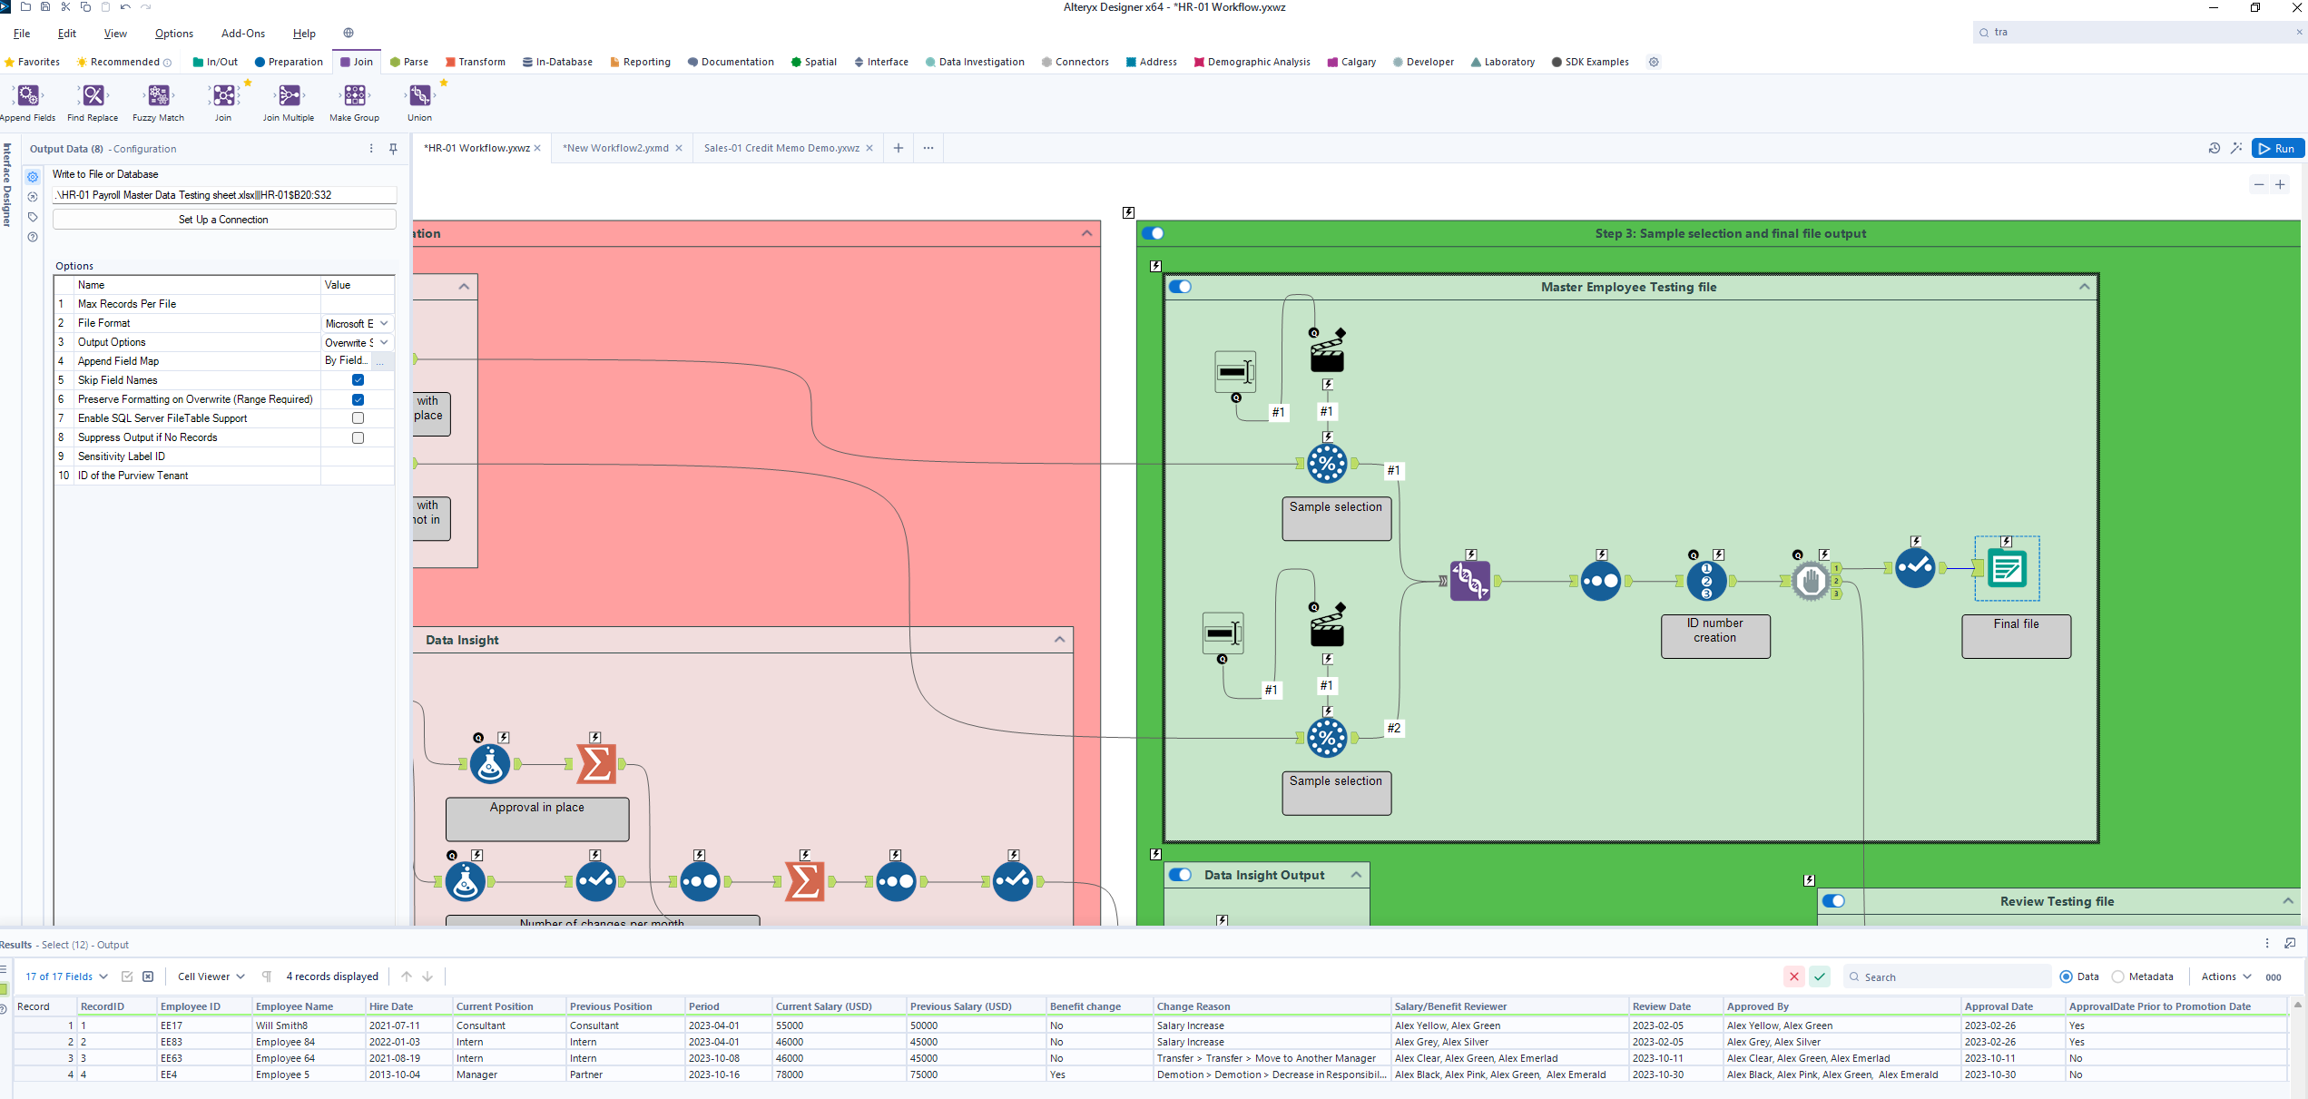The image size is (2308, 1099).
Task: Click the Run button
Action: (2277, 149)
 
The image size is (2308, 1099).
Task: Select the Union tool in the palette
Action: (419, 96)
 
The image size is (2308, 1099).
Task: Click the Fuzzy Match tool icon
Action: (159, 96)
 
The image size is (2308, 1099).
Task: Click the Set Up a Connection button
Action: (223, 220)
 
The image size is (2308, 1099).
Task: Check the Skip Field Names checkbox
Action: (358, 380)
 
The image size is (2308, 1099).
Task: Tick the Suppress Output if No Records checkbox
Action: (358, 437)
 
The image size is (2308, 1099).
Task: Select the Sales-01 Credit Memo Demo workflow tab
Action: (781, 148)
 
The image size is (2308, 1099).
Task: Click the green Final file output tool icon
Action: (2007, 569)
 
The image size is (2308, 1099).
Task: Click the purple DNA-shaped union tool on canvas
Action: (1469, 581)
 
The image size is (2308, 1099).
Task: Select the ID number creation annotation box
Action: (1714, 636)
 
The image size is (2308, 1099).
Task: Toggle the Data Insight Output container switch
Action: (1180, 875)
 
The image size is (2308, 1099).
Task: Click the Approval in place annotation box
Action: (536, 818)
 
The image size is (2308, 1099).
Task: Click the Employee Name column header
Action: (294, 1006)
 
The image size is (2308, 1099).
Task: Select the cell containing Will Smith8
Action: (281, 1025)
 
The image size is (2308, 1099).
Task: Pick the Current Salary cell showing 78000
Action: (790, 1074)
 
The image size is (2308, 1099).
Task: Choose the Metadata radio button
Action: (2117, 976)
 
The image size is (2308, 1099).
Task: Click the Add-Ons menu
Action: (242, 34)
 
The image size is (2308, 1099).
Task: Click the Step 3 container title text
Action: (1730, 233)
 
